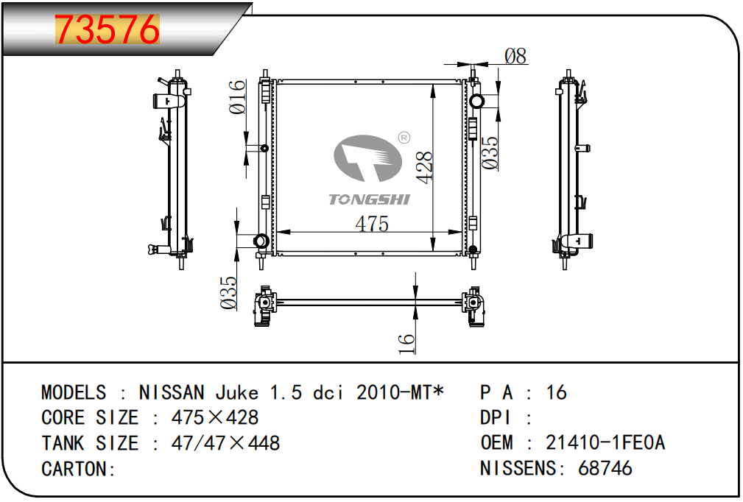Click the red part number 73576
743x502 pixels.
[108, 29]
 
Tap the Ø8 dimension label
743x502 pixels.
[515, 55]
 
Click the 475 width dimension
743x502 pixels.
[372, 224]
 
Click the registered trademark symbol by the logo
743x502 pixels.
[404, 137]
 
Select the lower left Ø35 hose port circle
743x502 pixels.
[260, 240]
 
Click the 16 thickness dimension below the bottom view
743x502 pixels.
[406, 343]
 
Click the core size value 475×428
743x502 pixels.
[215, 418]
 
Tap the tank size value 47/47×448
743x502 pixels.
[225, 443]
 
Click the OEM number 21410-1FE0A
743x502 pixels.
[605, 443]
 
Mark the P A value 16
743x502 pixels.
[556, 392]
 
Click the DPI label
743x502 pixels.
[496, 418]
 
